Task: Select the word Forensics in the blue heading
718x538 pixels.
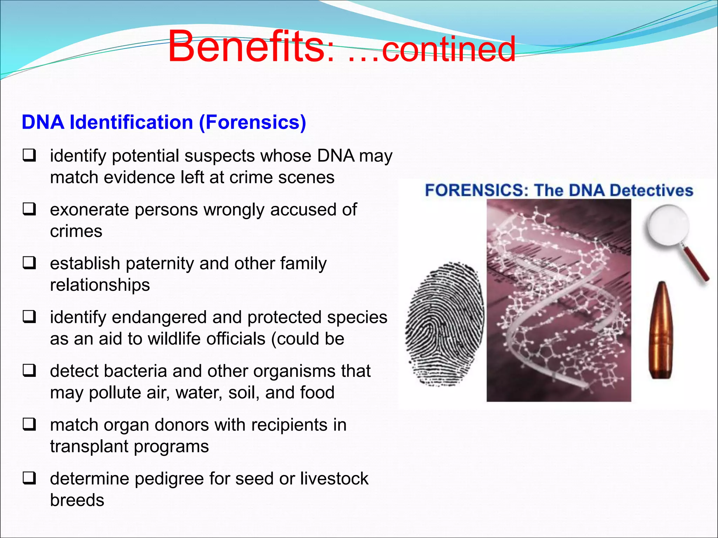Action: coord(252,122)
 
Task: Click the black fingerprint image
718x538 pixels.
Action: coord(445,324)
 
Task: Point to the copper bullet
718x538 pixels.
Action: coord(661,331)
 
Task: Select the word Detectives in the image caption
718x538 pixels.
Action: coord(651,190)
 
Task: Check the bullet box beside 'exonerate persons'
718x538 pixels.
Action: coord(29,209)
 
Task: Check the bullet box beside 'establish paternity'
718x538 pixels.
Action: coord(29,263)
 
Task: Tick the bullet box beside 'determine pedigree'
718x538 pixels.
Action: coord(29,478)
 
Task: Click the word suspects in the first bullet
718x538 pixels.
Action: coord(219,156)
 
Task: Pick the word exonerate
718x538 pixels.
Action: coord(89,210)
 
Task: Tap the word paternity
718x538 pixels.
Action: coord(160,264)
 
